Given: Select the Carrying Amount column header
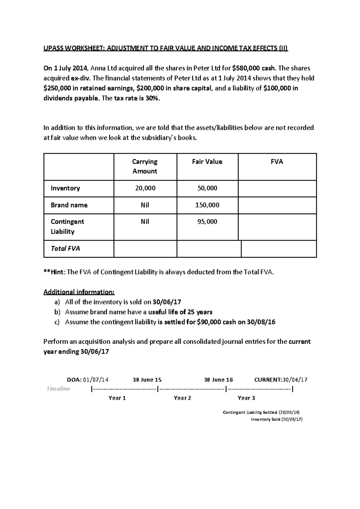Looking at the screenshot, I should pos(145,166).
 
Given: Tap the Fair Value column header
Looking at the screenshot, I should pos(207,162).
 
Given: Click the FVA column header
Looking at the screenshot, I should pos(277,162).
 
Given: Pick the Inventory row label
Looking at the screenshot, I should pos(65,188).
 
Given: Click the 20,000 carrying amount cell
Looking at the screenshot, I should pos(145,188).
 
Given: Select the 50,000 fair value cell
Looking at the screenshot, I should pos(207,188).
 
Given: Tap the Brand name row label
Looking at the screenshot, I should pos(69,205).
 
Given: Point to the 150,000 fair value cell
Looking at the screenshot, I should pos(207,205).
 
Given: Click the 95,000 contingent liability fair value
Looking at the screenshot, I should pos(207,222).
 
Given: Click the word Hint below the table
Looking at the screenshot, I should pos(56,272).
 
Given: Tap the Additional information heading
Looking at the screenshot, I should pos(79,292).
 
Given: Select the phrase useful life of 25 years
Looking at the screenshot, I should pos(180,312).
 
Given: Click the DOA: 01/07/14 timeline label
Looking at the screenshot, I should pos(88,380).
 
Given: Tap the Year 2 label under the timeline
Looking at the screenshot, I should pos(182,398).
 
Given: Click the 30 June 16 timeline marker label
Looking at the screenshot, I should pos(218,380).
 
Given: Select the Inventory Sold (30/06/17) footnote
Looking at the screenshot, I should pos(276,419).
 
